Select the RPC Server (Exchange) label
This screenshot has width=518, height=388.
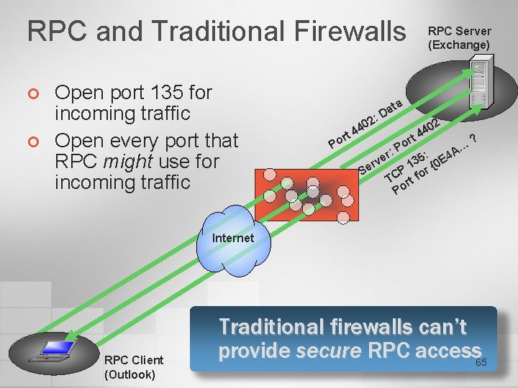tap(459, 38)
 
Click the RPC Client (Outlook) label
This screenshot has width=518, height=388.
tap(134, 366)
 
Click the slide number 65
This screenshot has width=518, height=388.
tap(481, 362)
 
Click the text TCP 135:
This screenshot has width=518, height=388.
tap(407, 165)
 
